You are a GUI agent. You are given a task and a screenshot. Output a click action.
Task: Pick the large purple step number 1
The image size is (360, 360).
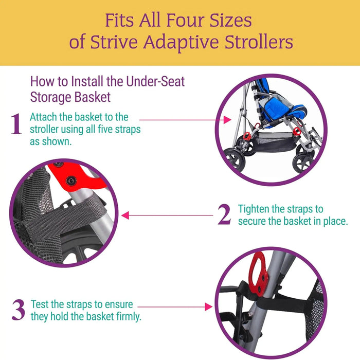pyautogui.click(x=16, y=125)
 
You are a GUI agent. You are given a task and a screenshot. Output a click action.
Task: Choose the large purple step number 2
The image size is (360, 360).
pyautogui.click(x=224, y=215)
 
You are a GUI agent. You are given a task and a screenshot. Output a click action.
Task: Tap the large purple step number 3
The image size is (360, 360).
pyautogui.click(x=18, y=311)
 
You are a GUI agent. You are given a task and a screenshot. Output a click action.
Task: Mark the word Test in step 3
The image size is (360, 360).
pyautogui.click(x=40, y=304)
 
